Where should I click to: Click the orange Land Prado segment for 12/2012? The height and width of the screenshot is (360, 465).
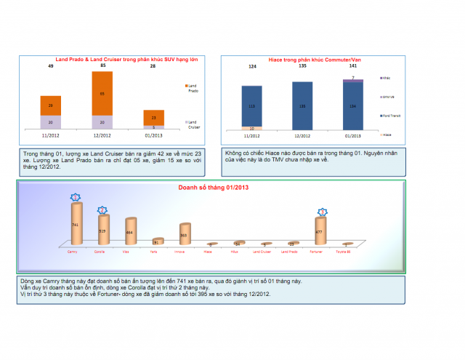(x=102, y=94)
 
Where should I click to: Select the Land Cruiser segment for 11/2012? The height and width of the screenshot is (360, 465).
(x=51, y=121)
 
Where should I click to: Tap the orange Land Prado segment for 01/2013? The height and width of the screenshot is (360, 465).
(x=153, y=117)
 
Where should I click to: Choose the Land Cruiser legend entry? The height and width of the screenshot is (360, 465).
(x=186, y=124)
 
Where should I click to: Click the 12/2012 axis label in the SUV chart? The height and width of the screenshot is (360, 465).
(x=102, y=135)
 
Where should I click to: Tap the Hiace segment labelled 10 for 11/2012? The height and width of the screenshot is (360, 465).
(x=251, y=128)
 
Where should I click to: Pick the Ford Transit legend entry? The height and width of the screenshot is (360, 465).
(x=389, y=116)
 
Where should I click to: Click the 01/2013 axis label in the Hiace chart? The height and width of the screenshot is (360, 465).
(x=353, y=135)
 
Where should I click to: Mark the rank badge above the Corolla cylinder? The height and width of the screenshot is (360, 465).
(x=103, y=209)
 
